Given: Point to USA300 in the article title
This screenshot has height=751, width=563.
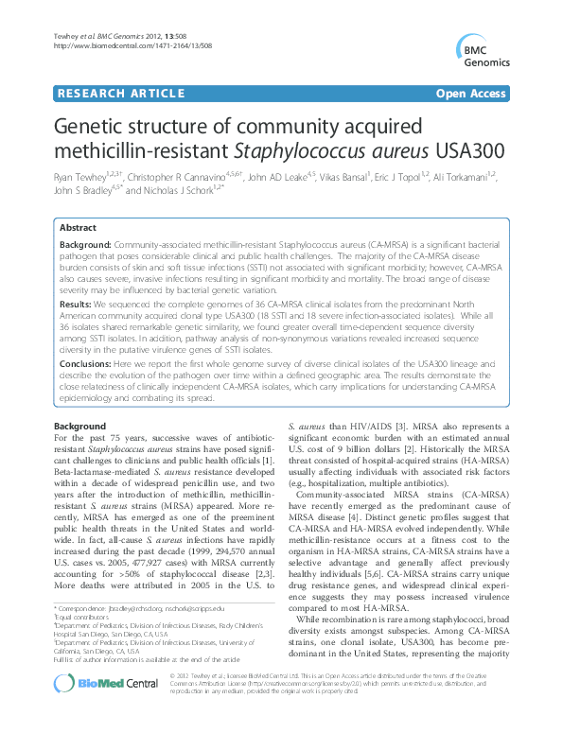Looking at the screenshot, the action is pyautogui.click(x=471, y=150).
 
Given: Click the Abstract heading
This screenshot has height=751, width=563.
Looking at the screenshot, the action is pyautogui.click(x=78, y=229).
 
